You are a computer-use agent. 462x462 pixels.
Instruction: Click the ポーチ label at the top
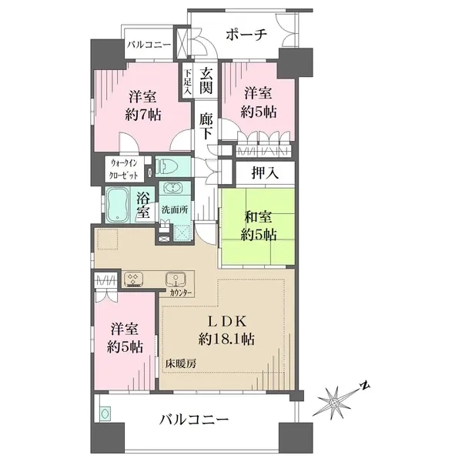point(246,35)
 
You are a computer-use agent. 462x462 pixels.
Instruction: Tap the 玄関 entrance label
point(206,81)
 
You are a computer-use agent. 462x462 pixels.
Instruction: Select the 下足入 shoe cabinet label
point(187,82)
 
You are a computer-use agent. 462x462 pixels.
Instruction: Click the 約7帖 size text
point(143,115)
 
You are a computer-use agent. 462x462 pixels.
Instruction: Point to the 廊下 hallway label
point(206,126)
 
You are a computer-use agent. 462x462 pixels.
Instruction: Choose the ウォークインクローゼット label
point(123,169)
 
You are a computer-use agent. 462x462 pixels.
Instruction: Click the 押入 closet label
point(265,174)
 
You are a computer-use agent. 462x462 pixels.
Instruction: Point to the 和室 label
point(259,218)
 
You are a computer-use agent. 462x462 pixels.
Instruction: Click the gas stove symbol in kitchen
point(133,279)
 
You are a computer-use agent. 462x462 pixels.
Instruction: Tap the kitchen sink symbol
point(176,279)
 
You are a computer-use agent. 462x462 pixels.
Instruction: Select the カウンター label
point(181,293)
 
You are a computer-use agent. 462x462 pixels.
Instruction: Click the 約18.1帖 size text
point(226,340)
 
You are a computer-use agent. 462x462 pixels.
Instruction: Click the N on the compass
point(365,385)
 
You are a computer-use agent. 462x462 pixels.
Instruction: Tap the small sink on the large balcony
point(105,414)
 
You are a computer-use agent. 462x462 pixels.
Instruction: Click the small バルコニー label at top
point(149,45)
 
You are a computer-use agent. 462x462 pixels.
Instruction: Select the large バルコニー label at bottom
point(194,420)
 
